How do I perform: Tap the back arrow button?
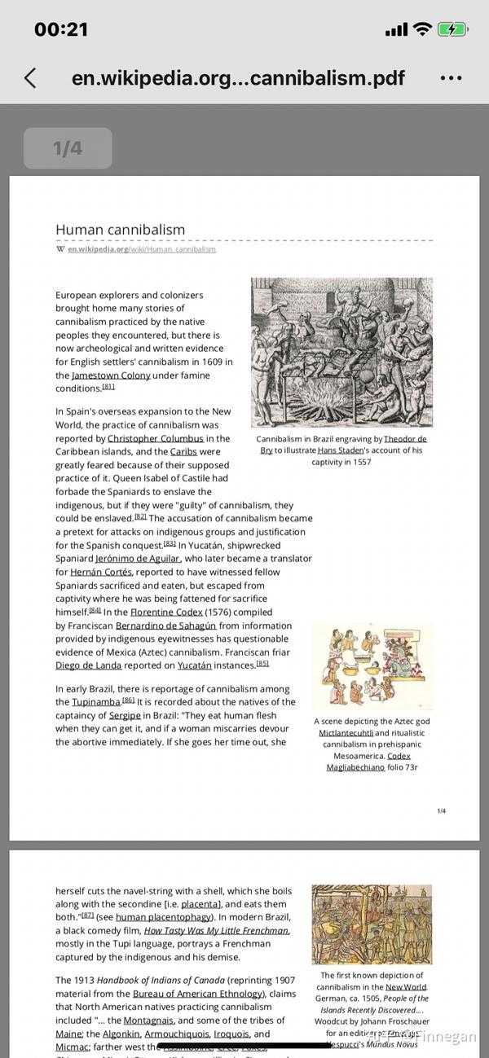(x=30, y=78)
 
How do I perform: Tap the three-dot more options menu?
(x=451, y=78)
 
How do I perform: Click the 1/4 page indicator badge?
(x=68, y=148)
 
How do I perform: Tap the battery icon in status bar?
(x=452, y=29)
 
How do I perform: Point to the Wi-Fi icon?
(x=422, y=29)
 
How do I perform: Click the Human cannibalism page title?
(x=121, y=230)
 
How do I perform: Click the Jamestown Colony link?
(x=111, y=375)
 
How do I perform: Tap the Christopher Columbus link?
(x=156, y=438)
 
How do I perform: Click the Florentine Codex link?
(x=166, y=612)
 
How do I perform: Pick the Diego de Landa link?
(x=88, y=665)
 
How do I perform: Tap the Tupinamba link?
(x=96, y=702)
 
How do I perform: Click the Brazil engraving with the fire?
(x=341, y=352)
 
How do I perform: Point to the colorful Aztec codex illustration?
(x=372, y=666)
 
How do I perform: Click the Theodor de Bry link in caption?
(x=405, y=439)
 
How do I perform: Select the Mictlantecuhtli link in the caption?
(x=346, y=733)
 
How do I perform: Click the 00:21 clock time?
(x=61, y=29)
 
